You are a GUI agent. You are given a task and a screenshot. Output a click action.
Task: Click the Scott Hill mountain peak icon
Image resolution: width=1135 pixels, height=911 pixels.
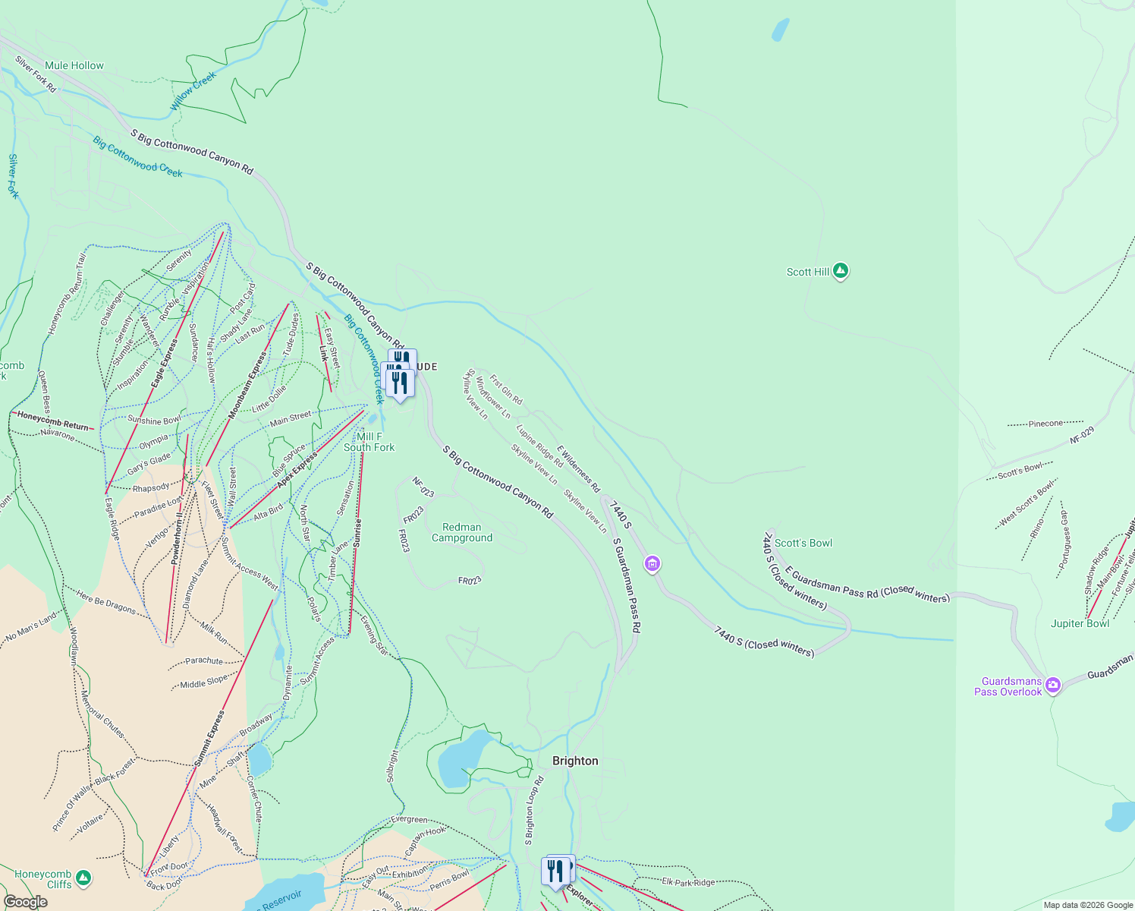point(840,271)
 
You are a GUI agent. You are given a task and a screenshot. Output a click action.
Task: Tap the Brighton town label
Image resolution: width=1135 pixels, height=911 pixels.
point(575,761)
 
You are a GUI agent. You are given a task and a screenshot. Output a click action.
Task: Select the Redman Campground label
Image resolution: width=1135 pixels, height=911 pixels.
point(462,532)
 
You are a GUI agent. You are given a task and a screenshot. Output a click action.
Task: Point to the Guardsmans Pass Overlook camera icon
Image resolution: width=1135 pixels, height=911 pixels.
point(1052,686)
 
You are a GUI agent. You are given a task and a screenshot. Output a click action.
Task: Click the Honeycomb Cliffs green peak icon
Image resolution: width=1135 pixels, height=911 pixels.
point(83,878)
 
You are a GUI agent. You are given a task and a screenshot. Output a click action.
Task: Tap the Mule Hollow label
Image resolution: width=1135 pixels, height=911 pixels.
point(74,66)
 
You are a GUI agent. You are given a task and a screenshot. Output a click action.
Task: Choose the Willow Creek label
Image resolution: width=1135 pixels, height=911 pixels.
point(193,91)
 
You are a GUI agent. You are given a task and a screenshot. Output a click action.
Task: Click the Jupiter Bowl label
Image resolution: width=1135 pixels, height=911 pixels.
point(1080,623)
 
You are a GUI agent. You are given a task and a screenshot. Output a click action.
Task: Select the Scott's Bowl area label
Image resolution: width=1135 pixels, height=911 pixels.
point(803,543)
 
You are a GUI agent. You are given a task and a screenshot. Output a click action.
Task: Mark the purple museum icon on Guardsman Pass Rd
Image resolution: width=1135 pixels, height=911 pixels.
point(652,563)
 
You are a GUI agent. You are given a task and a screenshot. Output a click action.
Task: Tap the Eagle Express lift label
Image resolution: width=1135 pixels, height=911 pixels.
point(165,363)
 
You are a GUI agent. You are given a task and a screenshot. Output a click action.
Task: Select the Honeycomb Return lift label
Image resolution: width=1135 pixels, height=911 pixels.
point(53,420)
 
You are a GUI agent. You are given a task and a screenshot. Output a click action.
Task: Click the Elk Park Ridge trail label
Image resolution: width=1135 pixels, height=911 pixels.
point(688,882)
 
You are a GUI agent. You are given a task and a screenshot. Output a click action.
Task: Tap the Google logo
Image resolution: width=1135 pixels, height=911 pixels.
point(26,901)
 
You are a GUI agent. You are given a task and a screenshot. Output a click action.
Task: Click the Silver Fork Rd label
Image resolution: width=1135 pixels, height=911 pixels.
point(36,74)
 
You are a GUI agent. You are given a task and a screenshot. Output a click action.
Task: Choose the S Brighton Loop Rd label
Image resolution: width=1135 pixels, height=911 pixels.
point(534,810)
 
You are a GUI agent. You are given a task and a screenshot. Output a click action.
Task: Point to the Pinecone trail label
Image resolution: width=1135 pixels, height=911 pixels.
point(1045,424)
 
